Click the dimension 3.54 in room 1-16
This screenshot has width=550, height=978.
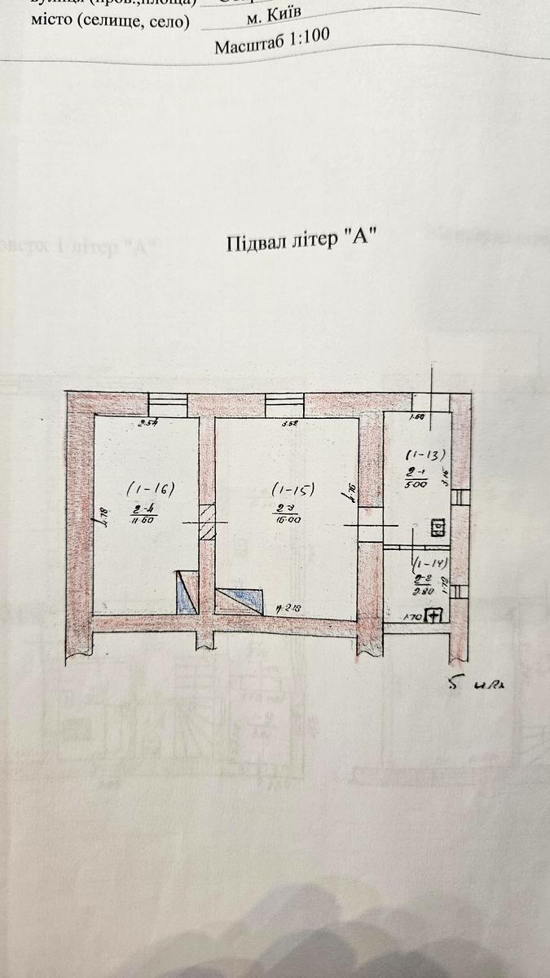147,423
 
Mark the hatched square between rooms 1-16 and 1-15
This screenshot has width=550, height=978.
207,522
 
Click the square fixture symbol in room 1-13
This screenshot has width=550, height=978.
437,527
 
